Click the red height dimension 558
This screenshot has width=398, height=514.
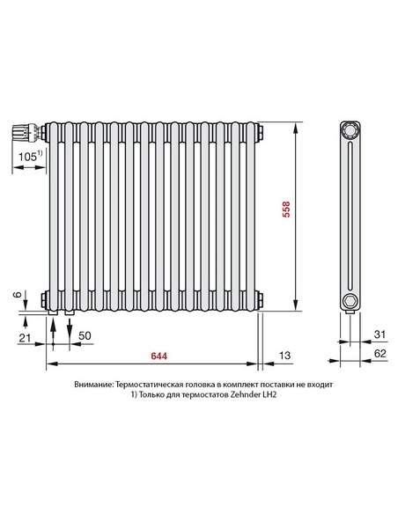click(x=286, y=213)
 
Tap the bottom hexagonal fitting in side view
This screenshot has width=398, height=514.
click(x=350, y=302)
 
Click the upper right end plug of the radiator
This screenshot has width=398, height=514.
click(x=262, y=133)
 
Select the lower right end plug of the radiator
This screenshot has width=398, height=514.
click(x=262, y=297)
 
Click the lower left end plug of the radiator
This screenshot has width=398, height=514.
click(x=43, y=297)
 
